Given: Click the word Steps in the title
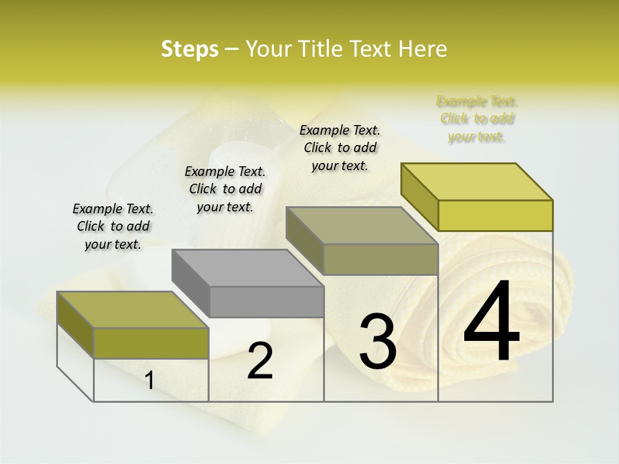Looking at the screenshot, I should point(189,49).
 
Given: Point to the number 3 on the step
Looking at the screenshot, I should point(378,342).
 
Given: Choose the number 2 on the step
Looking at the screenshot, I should point(260,361).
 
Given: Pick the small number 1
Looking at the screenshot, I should point(150,381).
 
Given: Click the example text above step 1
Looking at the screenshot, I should point(113,226).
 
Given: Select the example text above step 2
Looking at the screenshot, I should point(225,189).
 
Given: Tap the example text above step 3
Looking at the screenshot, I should point(340,148).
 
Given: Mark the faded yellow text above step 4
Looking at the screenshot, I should point(477,119).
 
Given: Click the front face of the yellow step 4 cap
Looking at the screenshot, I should point(495,215).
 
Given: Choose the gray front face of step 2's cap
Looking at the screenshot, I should point(266,302).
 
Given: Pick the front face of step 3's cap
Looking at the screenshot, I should point(380,259).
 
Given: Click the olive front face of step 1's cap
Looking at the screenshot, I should point(151,343).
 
